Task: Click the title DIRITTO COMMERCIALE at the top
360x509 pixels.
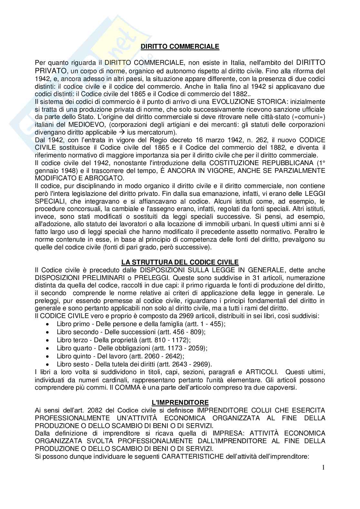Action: coord(180,46)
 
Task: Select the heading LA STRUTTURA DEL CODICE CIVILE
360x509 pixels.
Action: coord(180,263)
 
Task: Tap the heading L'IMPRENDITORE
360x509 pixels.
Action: coord(180,402)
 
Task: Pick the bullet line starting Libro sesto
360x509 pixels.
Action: coord(134,364)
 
